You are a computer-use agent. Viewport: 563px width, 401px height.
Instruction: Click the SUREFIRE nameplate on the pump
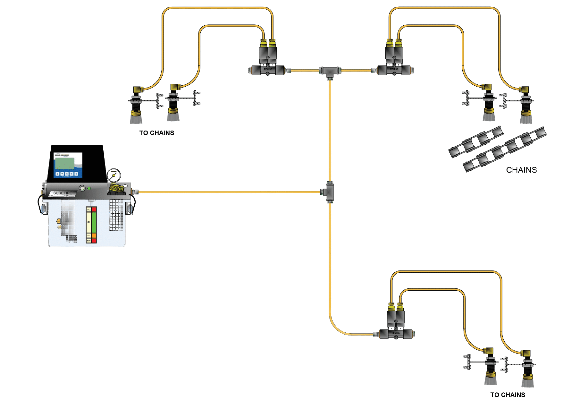(x=63, y=193)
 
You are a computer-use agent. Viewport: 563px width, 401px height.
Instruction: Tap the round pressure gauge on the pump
(x=113, y=175)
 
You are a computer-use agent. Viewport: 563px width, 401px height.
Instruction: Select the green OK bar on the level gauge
(x=94, y=222)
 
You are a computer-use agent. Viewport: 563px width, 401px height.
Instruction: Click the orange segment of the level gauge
(x=94, y=235)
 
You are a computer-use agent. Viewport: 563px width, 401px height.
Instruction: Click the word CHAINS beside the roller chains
(x=521, y=170)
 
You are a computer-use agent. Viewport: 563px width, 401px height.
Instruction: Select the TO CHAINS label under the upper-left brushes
(x=156, y=133)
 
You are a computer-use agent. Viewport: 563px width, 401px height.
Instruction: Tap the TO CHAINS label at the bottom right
(x=508, y=395)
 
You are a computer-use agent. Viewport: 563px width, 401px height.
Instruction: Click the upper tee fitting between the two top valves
(x=330, y=71)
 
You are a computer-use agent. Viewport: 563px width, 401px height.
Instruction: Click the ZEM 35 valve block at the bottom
(x=396, y=334)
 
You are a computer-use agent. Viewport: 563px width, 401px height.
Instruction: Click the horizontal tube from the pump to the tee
(x=224, y=192)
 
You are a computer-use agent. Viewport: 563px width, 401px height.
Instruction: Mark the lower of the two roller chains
(x=505, y=149)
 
